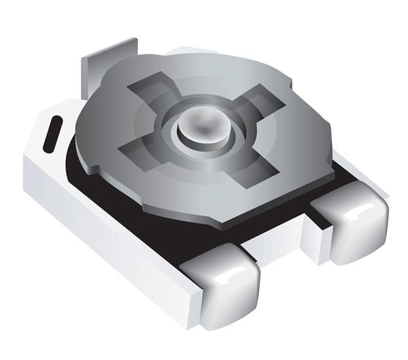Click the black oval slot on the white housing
52,133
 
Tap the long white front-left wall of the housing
102,231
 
